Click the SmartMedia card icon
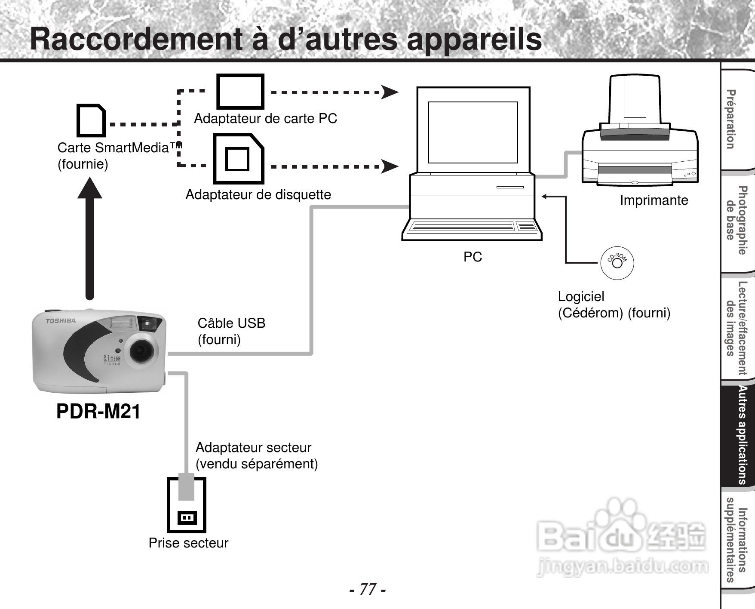click(91, 120)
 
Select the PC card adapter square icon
click(240, 92)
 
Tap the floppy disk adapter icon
click(238, 159)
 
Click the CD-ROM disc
click(617, 263)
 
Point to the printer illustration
click(639, 138)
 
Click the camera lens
click(141, 350)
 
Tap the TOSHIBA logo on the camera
click(61, 321)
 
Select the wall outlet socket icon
click(187, 517)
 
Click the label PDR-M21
click(98, 412)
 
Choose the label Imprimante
click(654, 200)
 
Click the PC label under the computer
click(473, 257)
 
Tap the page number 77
click(367, 589)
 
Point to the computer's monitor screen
click(473, 132)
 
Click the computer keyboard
click(472, 226)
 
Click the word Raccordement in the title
click(136, 40)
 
